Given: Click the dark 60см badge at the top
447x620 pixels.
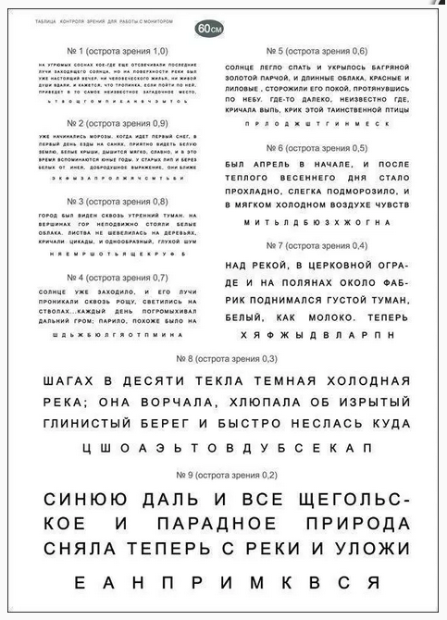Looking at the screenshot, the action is coord(209,29).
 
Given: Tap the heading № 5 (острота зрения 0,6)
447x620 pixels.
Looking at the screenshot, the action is coord(316,50).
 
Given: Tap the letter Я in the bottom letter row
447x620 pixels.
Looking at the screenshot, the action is coord(372,583).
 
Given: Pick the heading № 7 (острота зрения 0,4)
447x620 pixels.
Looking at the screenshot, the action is coord(316,246).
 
